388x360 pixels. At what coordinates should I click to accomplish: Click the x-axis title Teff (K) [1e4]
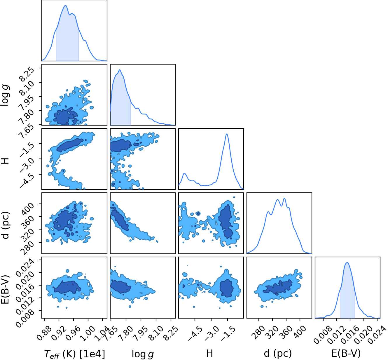(75, 354)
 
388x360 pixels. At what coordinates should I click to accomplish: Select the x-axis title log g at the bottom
(143, 354)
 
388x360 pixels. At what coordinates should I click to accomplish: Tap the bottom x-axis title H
(209, 353)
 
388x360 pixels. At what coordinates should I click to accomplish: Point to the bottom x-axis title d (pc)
(278, 354)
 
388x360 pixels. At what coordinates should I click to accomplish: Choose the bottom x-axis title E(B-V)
(346, 354)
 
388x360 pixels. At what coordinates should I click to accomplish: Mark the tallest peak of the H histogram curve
(227, 134)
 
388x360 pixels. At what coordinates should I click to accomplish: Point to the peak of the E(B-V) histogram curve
(347, 262)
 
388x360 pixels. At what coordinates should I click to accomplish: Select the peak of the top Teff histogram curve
(66, 5)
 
